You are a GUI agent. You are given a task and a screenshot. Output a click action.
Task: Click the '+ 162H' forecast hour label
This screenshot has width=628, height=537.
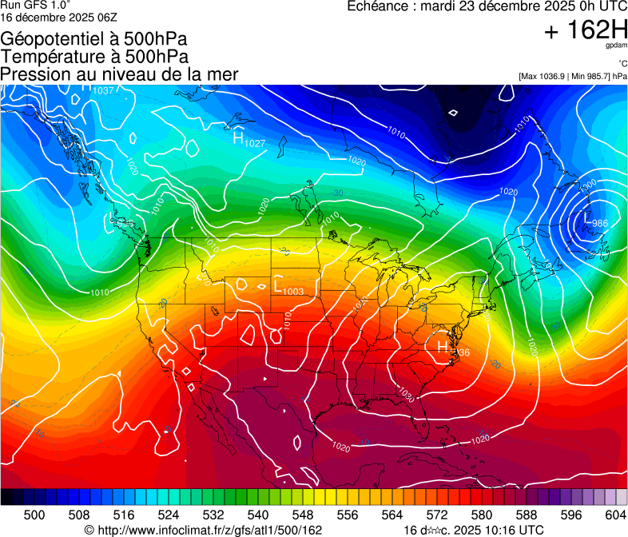click(585, 30)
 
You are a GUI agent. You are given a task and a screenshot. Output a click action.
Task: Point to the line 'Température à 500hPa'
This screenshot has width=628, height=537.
click(94, 57)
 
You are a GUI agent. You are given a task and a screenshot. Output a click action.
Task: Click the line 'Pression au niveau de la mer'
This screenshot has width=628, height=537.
click(119, 74)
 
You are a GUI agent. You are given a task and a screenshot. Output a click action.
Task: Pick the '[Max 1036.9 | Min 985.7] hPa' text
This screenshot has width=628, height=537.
click(572, 76)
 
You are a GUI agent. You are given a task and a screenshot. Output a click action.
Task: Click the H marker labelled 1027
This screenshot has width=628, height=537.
click(237, 137)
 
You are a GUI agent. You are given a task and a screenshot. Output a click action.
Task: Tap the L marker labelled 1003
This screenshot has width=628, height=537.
click(279, 284)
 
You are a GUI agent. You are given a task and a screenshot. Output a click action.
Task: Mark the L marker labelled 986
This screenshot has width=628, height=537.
click(588, 217)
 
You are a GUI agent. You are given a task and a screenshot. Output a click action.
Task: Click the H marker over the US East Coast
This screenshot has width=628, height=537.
click(442, 346)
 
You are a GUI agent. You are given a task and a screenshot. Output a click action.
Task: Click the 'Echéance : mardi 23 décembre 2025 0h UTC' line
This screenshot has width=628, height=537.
click(487, 6)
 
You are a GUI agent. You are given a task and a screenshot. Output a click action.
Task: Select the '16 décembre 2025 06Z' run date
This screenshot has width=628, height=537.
click(59, 17)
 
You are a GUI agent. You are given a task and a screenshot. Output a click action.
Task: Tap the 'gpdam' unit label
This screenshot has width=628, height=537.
click(616, 46)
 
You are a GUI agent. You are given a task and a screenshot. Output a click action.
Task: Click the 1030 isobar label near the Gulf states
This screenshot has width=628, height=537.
click(406, 396)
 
